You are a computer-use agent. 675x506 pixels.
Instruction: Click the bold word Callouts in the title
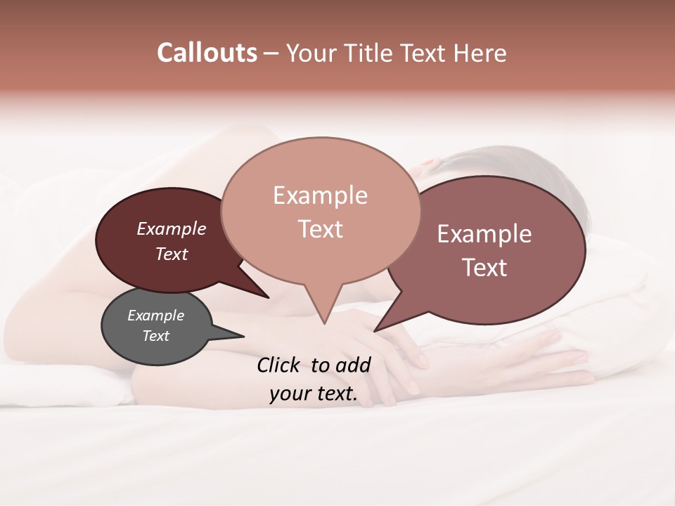pyautogui.click(x=207, y=53)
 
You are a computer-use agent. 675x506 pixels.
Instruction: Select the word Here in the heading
pyautogui.click(x=480, y=53)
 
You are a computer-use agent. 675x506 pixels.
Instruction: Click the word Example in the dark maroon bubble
pyautogui.click(x=172, y=228)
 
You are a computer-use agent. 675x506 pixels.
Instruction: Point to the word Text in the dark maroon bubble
pyautogui.click(x=172, y=254)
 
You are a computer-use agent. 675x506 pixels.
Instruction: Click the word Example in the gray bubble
pyautogui.click(x=155, y=316)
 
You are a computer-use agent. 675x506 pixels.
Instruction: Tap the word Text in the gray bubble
pyautogui.click(x=155, y=336)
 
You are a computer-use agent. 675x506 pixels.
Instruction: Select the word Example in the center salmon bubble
pyautogui.click(x=320, y=195)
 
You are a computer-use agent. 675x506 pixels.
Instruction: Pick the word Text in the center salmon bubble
pyautogui.click(x=320, y=229)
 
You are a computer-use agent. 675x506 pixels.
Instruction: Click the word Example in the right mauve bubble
pyautogui.click(x=484, y=234)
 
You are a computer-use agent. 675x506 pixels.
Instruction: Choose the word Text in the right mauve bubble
pyautogui.click(x=484, y=268)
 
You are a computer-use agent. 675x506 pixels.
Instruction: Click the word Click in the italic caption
pyautogui.click(x=279, y=365)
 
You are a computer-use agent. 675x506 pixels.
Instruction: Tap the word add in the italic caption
pyautogui.click(x=354, y=365)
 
